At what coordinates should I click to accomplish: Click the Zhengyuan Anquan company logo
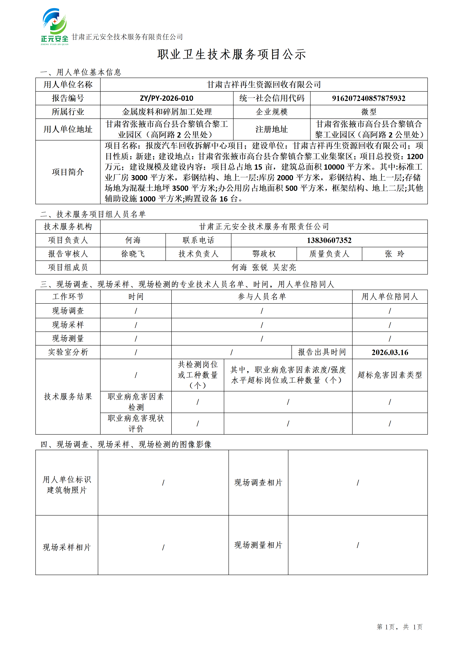click(54, 26)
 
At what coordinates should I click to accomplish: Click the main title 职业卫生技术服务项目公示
click(231, 54)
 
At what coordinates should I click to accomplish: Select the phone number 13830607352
click(329, 240)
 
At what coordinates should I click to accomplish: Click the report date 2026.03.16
click(390, 352)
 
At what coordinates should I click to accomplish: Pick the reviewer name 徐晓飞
click(133, 254)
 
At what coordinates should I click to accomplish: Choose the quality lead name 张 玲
click(395, 254)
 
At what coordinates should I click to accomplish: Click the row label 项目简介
click(68, 172)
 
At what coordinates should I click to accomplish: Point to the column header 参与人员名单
click(262, 297)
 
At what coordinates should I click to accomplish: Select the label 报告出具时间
click(322, 352)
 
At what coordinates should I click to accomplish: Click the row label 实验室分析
click(68, 352)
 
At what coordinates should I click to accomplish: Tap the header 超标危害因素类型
click(390, 375)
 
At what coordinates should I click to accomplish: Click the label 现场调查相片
click(258, 482)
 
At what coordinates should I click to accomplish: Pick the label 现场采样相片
click(67, 547)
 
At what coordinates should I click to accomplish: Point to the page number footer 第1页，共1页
click(399, 627)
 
